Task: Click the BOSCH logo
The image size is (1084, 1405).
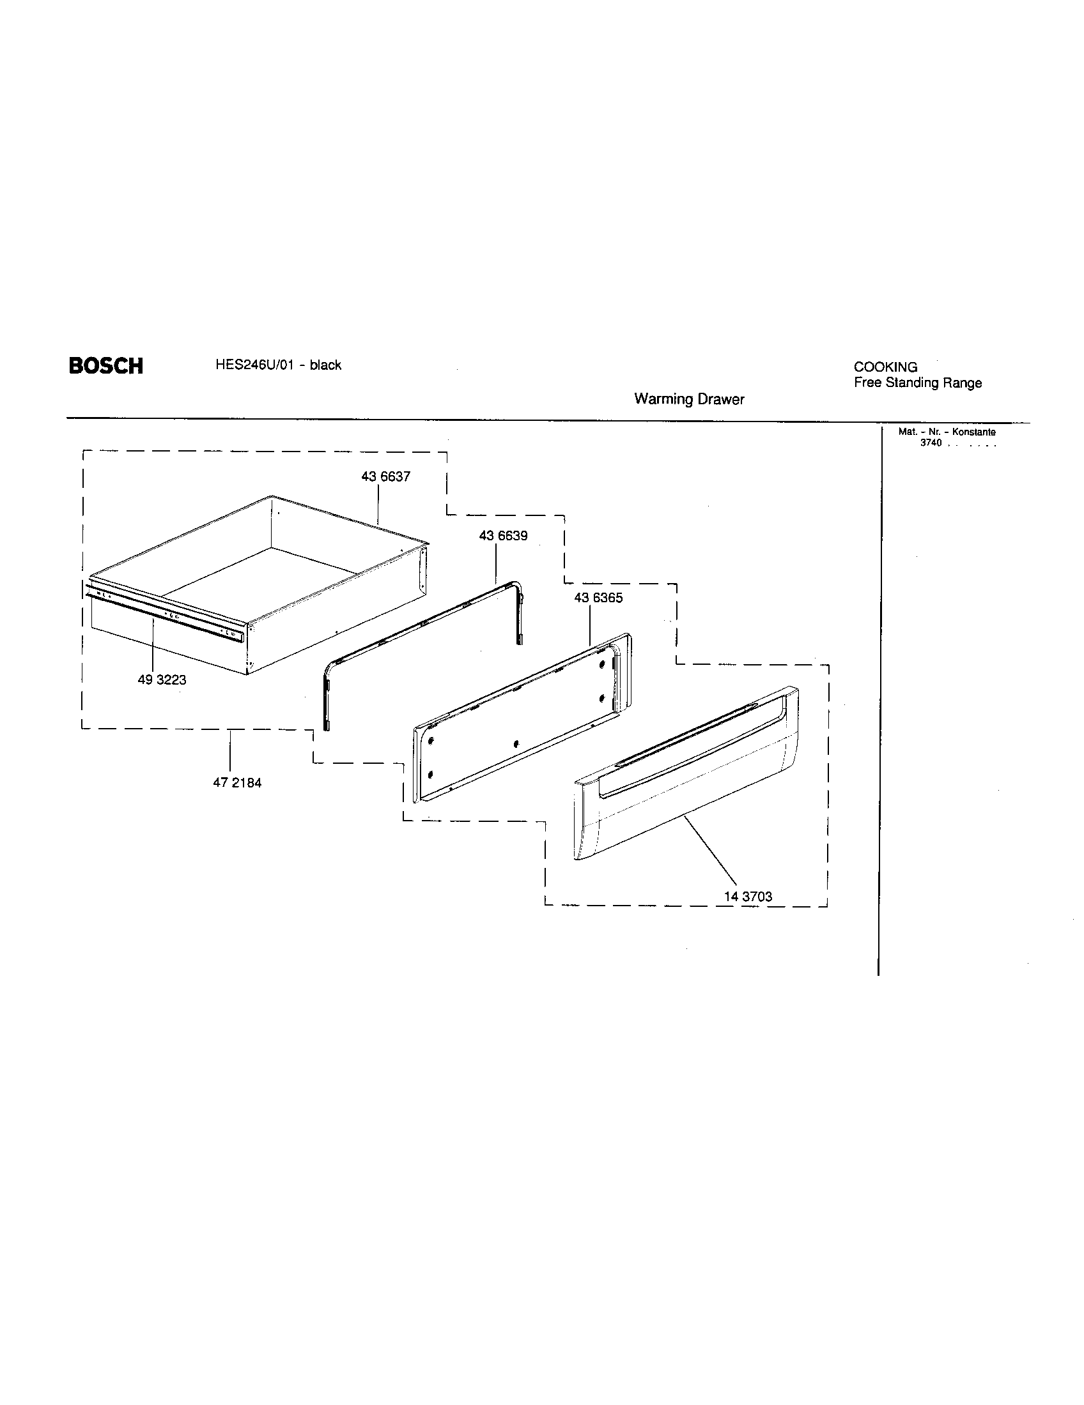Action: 105,366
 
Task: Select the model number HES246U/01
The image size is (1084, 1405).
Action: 255,365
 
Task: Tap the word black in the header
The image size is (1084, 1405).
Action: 325,365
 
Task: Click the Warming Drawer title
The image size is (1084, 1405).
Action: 689,399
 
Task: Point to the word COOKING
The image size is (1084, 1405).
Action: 885,367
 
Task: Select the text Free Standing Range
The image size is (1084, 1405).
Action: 917,383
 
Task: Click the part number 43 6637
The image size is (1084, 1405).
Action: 385,476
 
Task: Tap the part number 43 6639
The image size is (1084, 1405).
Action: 503,535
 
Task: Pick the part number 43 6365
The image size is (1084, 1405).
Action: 598,598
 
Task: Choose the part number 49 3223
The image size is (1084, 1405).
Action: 162,680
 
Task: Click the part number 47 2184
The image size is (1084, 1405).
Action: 237,783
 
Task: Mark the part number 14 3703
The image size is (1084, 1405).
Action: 747,896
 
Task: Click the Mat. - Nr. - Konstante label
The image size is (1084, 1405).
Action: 946,432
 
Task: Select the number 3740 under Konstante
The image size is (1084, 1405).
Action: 931,443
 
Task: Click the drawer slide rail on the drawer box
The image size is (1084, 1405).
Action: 164,611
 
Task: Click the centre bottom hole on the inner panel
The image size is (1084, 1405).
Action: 516,743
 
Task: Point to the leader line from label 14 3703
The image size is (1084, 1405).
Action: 711,851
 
